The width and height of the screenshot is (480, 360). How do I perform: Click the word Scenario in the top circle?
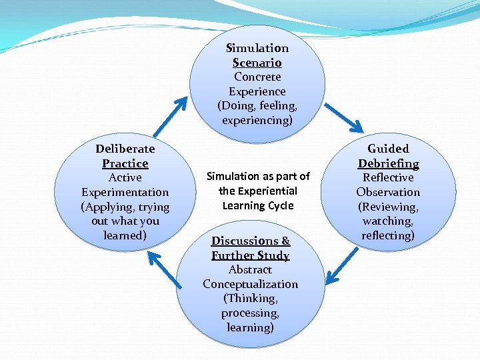click(x=257, y=63)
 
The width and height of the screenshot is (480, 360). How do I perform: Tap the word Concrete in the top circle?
click(x=257, y=77)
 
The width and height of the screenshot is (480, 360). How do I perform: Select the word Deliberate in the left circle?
click(x=125, y=148)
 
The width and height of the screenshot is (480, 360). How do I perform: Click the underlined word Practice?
click(x=125, y=163)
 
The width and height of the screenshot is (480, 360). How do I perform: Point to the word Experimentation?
click(x=125, y=192)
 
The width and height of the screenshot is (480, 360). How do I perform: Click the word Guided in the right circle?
click(x=388, y=148)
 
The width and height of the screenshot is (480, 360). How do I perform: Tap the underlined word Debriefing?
click(x=388, y=163)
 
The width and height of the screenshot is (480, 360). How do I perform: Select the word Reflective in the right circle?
click(x=388, y=177)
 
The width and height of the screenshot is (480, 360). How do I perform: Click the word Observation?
click(x=388, y=192)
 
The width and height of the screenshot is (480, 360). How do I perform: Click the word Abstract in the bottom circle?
click(x=250, y=269)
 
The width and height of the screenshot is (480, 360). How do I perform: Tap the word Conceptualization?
click(x=250, y=284)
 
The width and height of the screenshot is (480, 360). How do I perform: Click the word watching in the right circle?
click(x=387, y=221)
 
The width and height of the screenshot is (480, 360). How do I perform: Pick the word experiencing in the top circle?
click(x=257, y=120)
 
